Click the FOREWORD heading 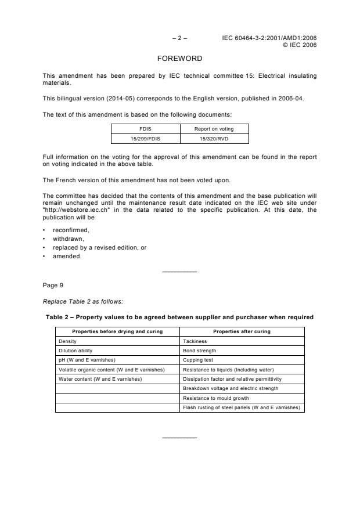click(180, 59)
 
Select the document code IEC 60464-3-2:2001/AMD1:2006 click(269, 38)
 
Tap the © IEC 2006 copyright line click(299, 45)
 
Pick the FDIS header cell click(145, 129)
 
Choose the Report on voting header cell click(214, 129)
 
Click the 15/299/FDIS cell click(145, 139)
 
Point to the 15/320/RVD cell click(214, 139)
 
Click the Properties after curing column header click(242, 331)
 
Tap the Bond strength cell click(199, 351)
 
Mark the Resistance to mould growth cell click(215, 398)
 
